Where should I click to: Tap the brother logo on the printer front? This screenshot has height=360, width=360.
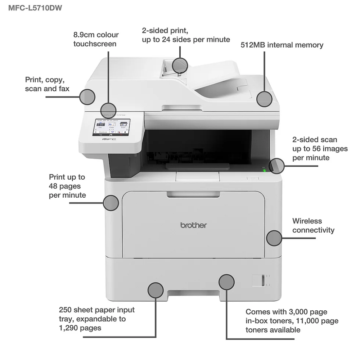193,225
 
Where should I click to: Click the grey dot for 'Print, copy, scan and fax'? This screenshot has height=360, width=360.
87,96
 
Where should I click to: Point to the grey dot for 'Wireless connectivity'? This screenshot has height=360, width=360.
274,238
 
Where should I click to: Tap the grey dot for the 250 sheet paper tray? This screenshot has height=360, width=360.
156,290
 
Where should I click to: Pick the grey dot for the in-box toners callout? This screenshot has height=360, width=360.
226,282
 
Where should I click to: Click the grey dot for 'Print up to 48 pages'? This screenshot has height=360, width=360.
111,203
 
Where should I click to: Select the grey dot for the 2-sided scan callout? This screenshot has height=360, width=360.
277,166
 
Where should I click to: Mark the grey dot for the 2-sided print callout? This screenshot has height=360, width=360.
180,65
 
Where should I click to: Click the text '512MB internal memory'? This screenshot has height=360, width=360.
282,45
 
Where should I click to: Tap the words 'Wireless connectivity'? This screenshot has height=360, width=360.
313,225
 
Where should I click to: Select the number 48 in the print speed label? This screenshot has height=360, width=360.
55,186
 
